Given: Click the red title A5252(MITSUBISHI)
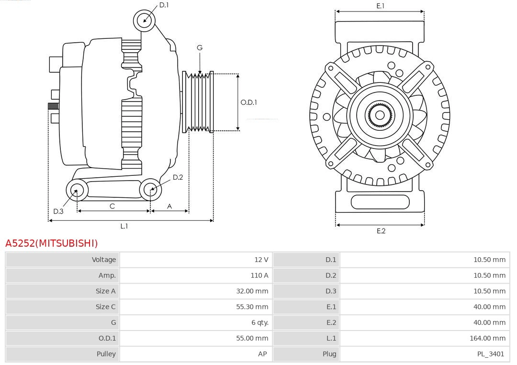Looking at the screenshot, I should [51, 243].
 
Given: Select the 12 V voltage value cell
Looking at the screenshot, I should [261, 260].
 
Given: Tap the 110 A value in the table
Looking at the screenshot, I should [259, 275].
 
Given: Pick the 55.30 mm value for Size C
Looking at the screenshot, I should [252, 307].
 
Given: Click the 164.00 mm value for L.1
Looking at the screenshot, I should [487, 338].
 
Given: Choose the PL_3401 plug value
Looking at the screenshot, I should [491, 354].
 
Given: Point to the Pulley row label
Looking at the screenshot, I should [106, 354].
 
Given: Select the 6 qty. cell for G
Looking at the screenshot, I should [260, 322].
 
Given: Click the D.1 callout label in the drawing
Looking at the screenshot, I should [164, 5].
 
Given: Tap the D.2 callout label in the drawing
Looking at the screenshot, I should [178, 177].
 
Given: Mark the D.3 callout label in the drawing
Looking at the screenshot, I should [58, 211].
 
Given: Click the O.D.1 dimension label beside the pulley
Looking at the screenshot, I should [248, 102].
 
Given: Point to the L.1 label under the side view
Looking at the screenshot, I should [124, 226].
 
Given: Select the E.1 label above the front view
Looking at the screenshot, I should [380, 6].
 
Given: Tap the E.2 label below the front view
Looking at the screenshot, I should [381, 231].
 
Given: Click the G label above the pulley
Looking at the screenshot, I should [200, 47].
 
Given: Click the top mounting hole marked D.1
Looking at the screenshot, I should [144, 20].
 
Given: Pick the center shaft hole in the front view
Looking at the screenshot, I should [380, 115].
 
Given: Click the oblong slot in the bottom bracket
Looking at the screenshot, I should [380, 202].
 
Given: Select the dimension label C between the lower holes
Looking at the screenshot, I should [112, 206].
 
